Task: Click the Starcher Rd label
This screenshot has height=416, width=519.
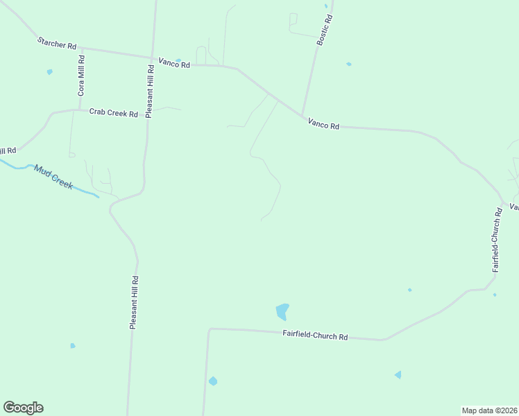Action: tap(57, 44)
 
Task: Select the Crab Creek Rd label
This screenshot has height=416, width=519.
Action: tap(114, 112)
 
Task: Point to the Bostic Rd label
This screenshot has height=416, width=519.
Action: tap(325, 31)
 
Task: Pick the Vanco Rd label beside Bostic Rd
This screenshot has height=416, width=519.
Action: tap(324, 125)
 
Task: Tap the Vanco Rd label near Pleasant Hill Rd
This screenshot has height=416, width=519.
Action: tap(174, 63)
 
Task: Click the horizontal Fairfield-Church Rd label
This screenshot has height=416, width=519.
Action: tap(315, 336)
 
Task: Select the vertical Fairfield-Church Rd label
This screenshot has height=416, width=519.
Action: tap(497, 239)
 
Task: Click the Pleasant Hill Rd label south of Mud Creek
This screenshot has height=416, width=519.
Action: tap(135, 302)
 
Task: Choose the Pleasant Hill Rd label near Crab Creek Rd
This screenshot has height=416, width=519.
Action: tap(149, 91)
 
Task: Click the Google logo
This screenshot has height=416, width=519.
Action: tap(23, 408)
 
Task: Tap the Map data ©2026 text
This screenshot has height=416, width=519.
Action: tap(489, 410)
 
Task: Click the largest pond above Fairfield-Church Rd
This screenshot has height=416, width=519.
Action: tap(282, 311)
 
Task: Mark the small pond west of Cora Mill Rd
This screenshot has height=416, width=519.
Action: tap(49, 71)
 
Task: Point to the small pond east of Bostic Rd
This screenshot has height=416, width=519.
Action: tap(348, 64)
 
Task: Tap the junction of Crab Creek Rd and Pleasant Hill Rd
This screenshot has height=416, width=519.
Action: tap(147, 115)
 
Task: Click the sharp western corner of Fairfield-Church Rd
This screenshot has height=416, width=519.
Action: tap(209, 329)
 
